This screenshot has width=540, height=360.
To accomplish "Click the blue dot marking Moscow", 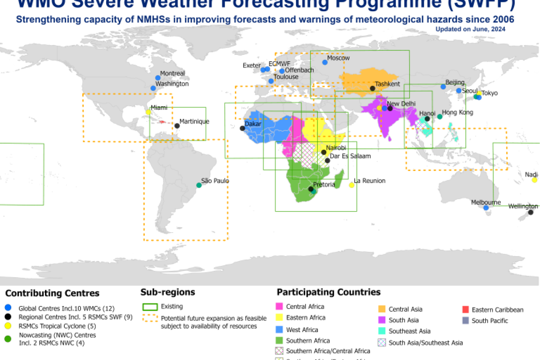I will click(325, 62).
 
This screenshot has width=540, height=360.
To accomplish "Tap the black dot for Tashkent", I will click(373, 88).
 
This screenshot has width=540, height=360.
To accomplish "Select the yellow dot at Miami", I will click(148, 112).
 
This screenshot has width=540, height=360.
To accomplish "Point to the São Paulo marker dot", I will click(199, 185).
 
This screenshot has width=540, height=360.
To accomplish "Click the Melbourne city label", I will click(486, 202).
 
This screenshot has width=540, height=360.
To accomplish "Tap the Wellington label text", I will click(523, 206).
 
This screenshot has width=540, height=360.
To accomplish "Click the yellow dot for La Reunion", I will click(351, 185).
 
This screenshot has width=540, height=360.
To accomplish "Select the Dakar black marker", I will click(243, 128).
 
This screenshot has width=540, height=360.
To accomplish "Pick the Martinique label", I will click(194, 121).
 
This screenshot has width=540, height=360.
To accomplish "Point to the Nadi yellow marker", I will click(534, 180).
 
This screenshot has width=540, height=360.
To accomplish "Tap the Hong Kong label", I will click(457, 112).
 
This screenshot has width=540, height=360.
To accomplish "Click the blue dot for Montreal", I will click(157, 78).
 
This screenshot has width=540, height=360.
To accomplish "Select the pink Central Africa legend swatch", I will click(279, 307).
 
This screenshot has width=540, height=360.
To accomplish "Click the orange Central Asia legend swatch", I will click(381, 309).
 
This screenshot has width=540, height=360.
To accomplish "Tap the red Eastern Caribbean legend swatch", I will click(466, 310).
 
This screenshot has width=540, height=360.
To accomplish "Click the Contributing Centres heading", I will click(52, 293).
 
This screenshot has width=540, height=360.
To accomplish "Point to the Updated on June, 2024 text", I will click(470, 29).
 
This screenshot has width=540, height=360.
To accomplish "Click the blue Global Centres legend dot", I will click(8, 308).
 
